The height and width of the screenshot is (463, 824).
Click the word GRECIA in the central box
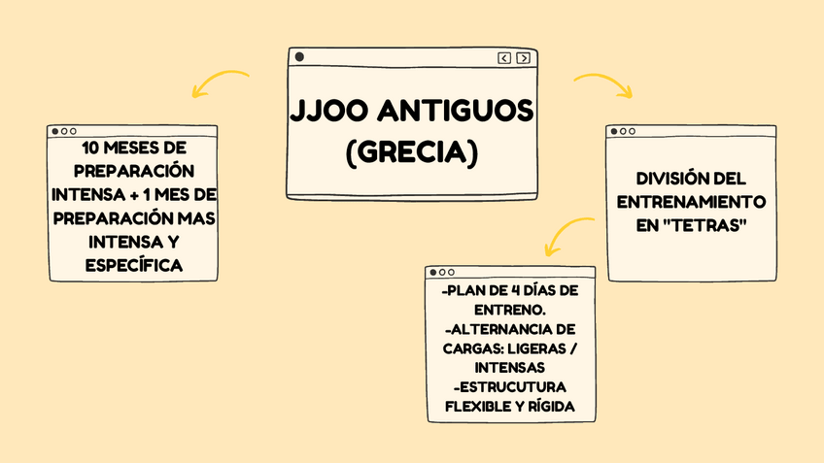pyautogui.click(x=411, y=152)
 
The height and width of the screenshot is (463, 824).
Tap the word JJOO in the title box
pyautogui.click(x=330, y=112)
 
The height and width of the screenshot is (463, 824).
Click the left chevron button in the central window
pyautogui.click(x=504, y=58)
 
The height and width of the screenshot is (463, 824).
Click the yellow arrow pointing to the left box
pyautogui.click(x=221, y=83)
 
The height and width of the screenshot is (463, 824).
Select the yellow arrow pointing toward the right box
pyautogui.click(x=603, y=85)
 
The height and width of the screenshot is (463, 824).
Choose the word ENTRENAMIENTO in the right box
pyautogui.click(x=691, y=203)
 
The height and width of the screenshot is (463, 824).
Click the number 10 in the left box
pyautogui.click(x=90, y=149)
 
